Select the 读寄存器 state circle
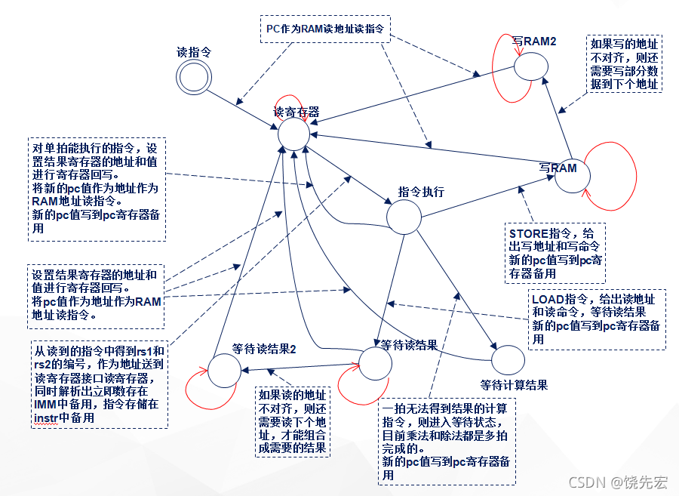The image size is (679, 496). [293, 134]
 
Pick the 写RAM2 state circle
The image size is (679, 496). [531, 67]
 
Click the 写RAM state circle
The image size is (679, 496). [573, 177]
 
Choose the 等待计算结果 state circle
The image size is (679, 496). [508, 360]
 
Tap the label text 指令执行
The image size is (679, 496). [421, 192]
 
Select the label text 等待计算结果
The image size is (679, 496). [513, 384]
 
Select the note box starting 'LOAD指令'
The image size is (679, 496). [596, 319]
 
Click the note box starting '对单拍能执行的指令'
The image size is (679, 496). [97, 189]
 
